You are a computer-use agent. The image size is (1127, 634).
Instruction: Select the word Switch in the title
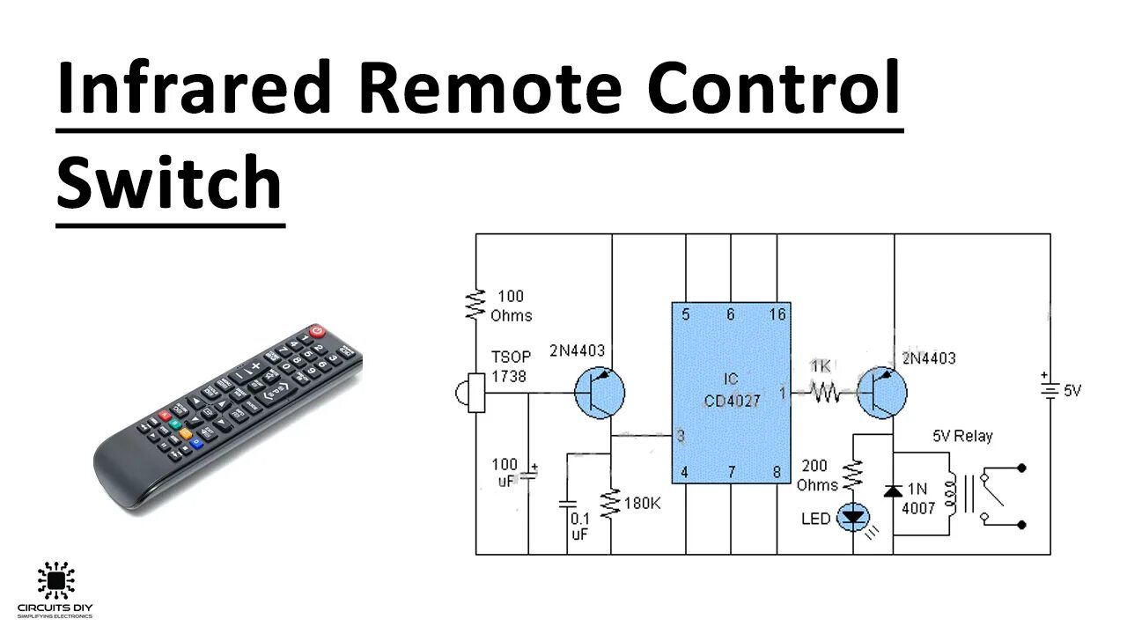169,182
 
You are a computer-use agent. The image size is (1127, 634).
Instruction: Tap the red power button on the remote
317,333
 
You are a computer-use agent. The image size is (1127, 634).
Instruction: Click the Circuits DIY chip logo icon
55,581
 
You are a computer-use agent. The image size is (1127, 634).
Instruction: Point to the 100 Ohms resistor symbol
476,303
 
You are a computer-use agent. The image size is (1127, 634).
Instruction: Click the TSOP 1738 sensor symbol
473,393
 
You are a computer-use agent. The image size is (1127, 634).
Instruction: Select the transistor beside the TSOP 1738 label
600,393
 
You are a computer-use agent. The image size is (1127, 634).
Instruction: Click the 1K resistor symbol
825,393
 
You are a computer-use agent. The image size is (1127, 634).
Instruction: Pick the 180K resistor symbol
611,504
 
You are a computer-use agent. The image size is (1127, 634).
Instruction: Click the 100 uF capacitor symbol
528,476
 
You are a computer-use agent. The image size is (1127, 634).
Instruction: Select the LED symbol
853,517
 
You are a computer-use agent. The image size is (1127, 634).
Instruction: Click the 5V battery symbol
1050,390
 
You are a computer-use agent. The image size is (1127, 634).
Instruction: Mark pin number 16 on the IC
776,315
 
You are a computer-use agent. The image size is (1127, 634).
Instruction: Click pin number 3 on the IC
681,436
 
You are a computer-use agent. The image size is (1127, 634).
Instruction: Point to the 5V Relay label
962,436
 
